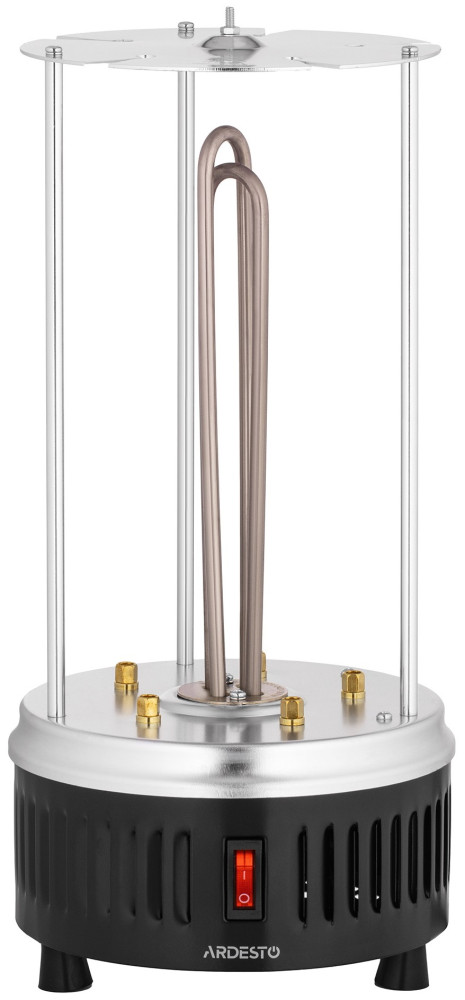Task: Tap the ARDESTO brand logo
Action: point(241,953)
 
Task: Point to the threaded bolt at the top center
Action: point(228,19)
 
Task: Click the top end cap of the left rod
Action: point(54,52)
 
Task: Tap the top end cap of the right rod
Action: point(410,52)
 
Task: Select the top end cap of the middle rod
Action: point(186,28)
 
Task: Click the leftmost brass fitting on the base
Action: point(126,677)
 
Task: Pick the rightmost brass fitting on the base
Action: point(353,685)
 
